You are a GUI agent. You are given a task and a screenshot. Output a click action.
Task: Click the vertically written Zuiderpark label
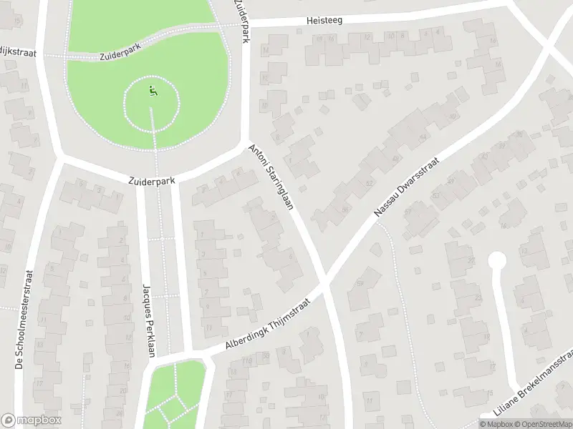click(x=241, y=20)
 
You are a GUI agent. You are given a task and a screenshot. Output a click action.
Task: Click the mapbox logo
click(x=32, y=420)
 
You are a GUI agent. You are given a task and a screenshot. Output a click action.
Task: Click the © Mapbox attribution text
click(x=495, y=424)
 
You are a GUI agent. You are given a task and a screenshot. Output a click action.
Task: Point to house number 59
click(x=361, y=284)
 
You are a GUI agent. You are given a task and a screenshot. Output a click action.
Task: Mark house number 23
click(x=478, y=297)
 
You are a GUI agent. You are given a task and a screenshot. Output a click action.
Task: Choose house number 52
click(x=370, y=183)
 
